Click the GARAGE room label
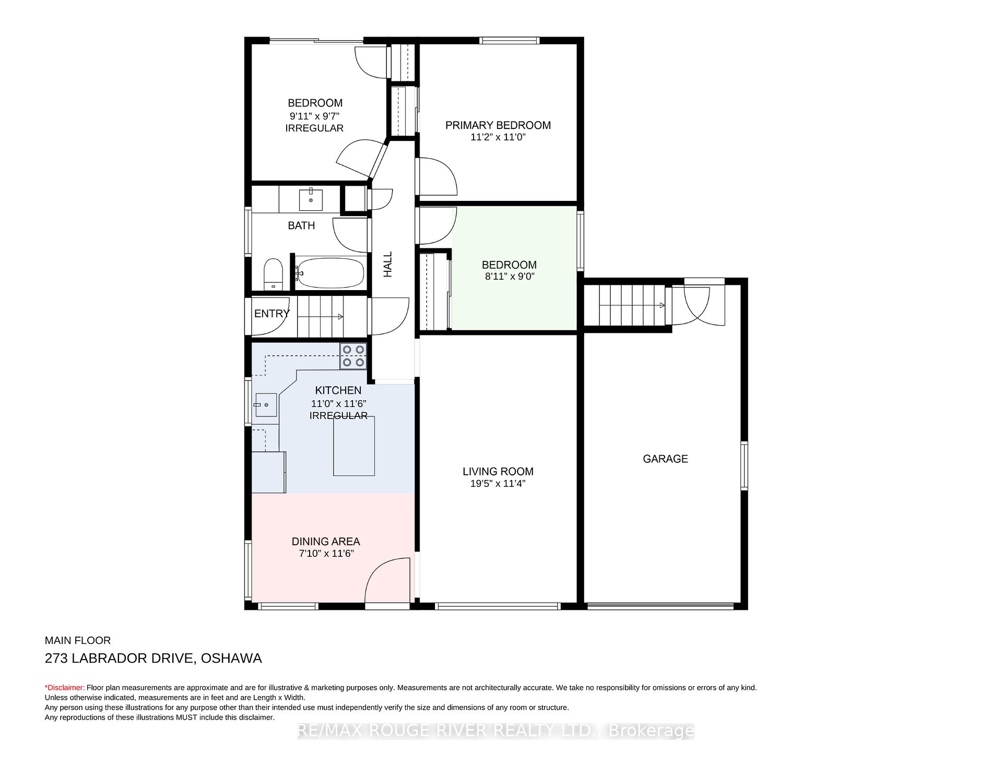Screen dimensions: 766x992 [x=665, y=459]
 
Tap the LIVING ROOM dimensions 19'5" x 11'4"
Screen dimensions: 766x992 [x=498, y=484]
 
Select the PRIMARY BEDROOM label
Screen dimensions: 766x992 [x=498, y=125]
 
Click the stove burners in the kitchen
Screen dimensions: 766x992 [x=353, y=356]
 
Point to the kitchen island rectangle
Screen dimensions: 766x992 [x=354, y=446]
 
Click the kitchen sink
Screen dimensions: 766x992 [x=266, y=405]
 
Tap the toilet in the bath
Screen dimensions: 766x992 [x=273, y=274]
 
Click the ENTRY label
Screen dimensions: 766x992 [x=271, y=314]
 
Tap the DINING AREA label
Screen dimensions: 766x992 [x=326, y=542]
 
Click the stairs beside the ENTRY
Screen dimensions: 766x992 [x=321, y=316]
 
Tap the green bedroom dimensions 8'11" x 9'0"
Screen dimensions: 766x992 [x=509, y=277]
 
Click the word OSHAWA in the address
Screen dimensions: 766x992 [x=231, y=658]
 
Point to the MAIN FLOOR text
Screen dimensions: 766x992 [x=78, y=640]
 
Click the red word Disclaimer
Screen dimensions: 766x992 [x=66, y=688]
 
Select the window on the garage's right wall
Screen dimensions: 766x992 [x=745, y=465]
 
